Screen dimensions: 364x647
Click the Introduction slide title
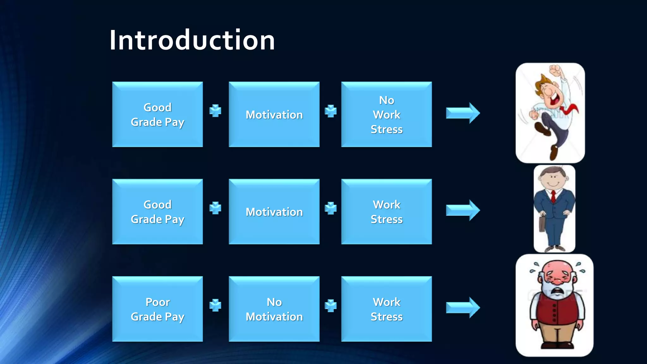click(x=192, y=40)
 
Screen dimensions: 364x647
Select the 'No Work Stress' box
click(x=386, y=114)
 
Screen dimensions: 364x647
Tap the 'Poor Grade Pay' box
click(x=157, y=309)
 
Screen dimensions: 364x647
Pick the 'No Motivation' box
click(x=274, y=309)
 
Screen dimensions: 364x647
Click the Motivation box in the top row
click(x=274, y=114)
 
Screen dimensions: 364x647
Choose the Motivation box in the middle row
click(x=274, y=212)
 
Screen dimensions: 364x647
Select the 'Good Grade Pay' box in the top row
click(x=157, y=114)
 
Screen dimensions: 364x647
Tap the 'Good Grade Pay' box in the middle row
click(x=157, y=212)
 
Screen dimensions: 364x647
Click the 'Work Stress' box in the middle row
click(x=386, y=212)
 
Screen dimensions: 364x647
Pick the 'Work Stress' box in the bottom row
click(x=386, y=309)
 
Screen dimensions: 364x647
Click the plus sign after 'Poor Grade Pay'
click(x=215, y=305)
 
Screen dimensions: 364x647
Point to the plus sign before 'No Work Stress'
click(x=330, y=111)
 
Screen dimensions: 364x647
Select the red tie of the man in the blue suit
click(x=553, y=196)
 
